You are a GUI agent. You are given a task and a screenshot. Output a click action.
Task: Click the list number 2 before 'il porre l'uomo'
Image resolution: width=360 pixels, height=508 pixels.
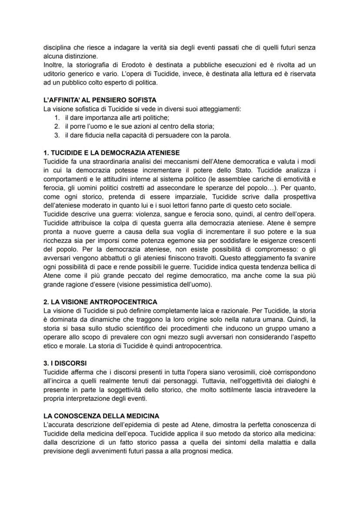coord(57,126)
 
